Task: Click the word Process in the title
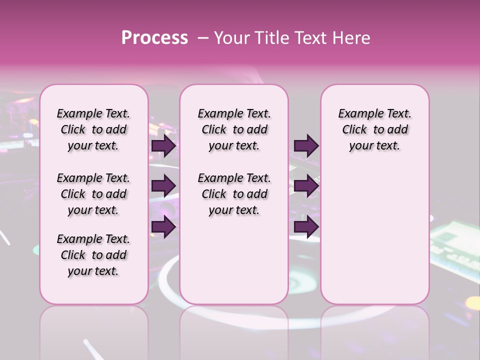coord(154,38)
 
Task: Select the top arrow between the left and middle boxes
coord(164,145)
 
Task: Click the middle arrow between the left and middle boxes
coord(164,186)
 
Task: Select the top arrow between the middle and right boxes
coord(306,145)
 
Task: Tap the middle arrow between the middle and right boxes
coord(306,186)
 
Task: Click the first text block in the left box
coord(93,129)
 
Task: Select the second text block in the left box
coord(93,194)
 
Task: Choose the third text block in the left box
coord(93,255)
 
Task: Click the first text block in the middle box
coord(234,129)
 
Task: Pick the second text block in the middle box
coord(234,194)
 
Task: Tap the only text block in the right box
coord(375,129)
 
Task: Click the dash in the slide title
coord(203,38)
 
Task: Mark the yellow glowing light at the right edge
coord(472,303)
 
